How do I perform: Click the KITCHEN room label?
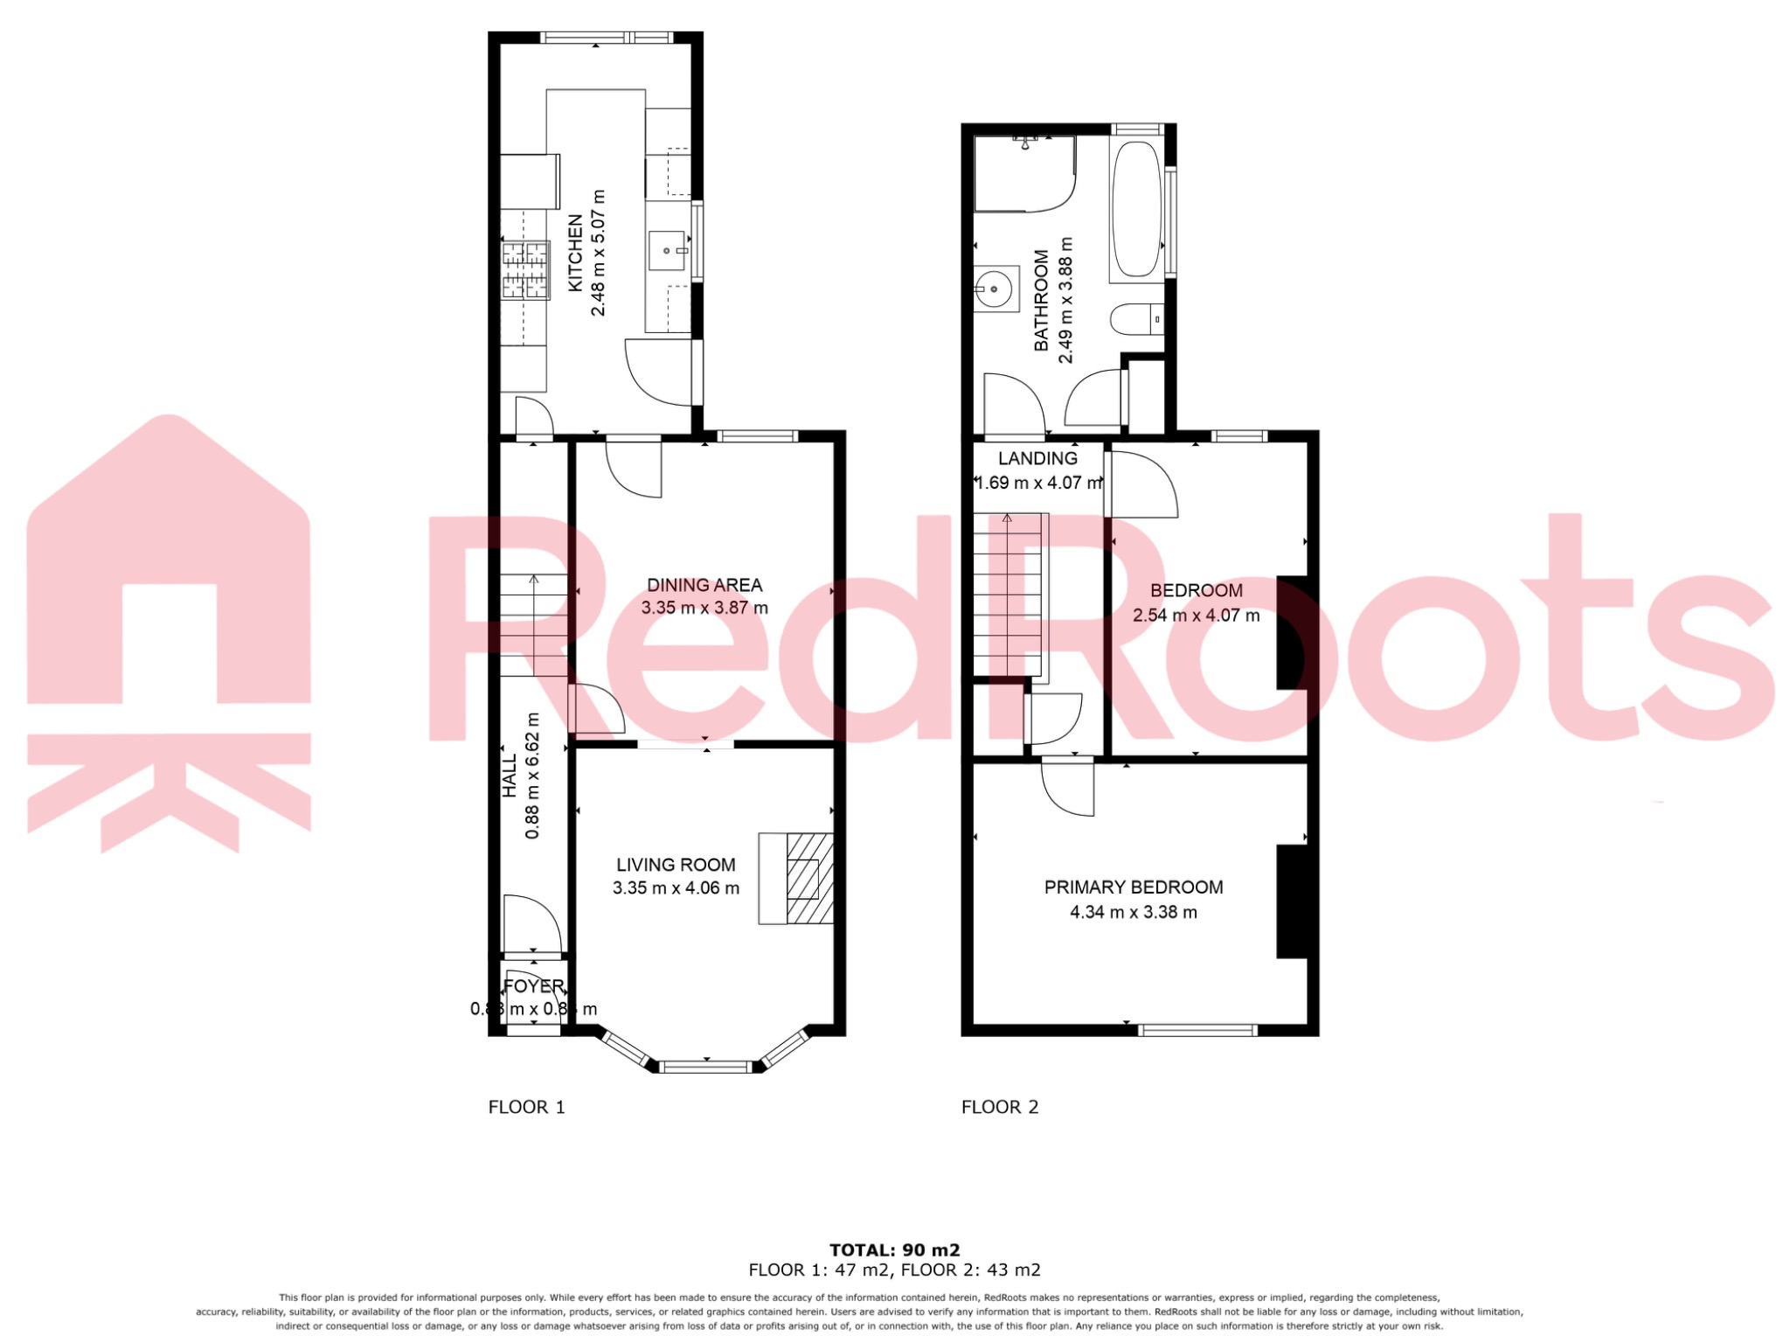click(575, 254)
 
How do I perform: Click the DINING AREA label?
click(704, 585)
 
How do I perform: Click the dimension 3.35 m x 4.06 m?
click(676, 888)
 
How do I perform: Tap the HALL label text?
click(510, 776)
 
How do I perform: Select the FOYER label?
click(533, 986)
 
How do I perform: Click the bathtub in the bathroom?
click(1136, 209)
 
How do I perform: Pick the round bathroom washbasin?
click(994, 288)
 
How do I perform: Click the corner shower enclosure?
click(1023, 175)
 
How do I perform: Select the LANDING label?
click(1037, 458)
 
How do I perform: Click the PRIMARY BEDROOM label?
click(1134, 887)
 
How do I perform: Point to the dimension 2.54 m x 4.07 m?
click(1196, 616)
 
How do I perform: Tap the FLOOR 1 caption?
click(526, 1107)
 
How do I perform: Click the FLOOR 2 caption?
click(1000, 1107)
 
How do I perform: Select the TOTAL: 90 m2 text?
click(894, 1250)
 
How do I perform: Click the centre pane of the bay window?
click(704, 1066)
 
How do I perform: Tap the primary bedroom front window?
click(1197, 1030)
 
